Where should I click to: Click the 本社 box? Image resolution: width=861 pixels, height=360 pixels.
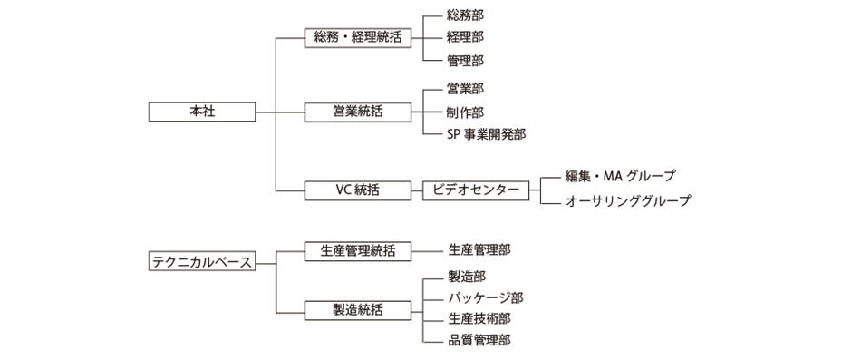pyautogui.click(x=201, y=112)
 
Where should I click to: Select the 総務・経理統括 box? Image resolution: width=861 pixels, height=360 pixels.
pyautogui.click(x=356, y=38)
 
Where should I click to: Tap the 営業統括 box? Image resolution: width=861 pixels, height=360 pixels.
pyautogui.click(x=356, y=112)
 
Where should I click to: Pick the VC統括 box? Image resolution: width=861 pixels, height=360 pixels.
pyautogui.click(x=356, y=190)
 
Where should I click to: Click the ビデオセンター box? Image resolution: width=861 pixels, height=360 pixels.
pyautogui.click(x=476, y=190)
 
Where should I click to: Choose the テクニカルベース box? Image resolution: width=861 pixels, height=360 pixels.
pyautogui.click(x=201, y=261)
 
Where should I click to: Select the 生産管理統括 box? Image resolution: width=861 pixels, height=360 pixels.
pyautogui.click(x=356, y=249)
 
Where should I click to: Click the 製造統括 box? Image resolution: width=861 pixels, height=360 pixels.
pyautogui.click(x=356, y=309)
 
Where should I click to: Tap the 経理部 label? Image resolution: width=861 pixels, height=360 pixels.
pyautogui.click(x=465, y=37)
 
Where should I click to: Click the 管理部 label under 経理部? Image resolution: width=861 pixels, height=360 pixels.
pyautogui.click(x=465, y=61)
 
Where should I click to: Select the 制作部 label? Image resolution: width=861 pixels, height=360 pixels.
pyautogui.click(x=465, y=112)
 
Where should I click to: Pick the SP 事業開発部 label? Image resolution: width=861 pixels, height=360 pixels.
pyautogui.click(x=486, y=134)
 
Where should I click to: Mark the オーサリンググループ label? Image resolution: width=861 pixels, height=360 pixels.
pyautogui.click(x=626, y=201)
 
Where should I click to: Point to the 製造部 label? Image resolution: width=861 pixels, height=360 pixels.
pyautogui.click(x=466, y=276)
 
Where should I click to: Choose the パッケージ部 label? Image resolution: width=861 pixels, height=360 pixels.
pyautogui.click(x=485, y=297)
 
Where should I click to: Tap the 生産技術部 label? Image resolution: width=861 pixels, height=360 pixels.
pyautogui.click(x=479, y=318)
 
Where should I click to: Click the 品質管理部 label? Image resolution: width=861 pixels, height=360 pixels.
pyautogui.click(x=479, y=341)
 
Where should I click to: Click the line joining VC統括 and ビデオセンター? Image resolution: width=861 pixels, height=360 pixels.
pyautogui.click(x=416, y=190)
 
